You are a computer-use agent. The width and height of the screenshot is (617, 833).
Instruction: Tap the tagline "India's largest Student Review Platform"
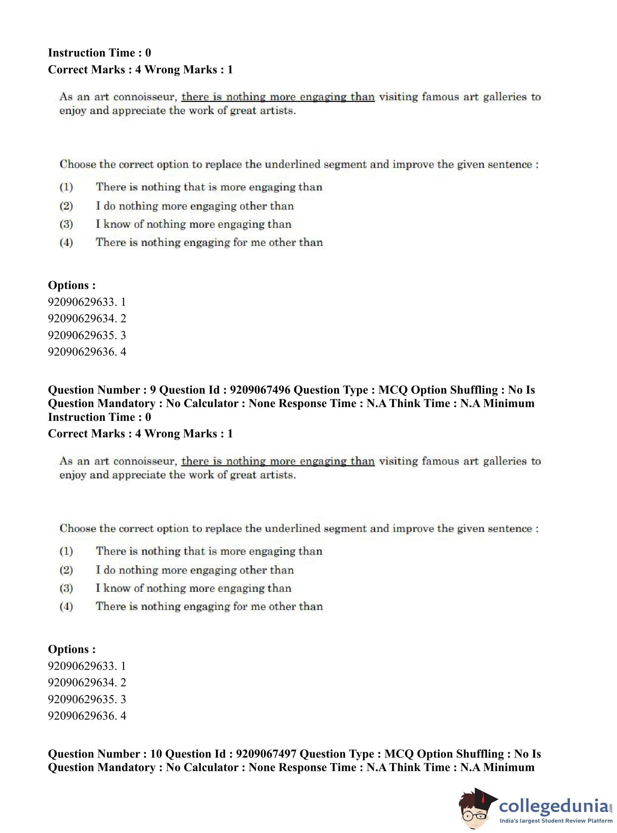556,821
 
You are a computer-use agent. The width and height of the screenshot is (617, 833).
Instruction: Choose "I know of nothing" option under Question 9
194,588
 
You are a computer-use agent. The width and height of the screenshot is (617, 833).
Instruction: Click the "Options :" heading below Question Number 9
72,649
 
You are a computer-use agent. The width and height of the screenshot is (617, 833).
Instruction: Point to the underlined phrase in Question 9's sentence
278,461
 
